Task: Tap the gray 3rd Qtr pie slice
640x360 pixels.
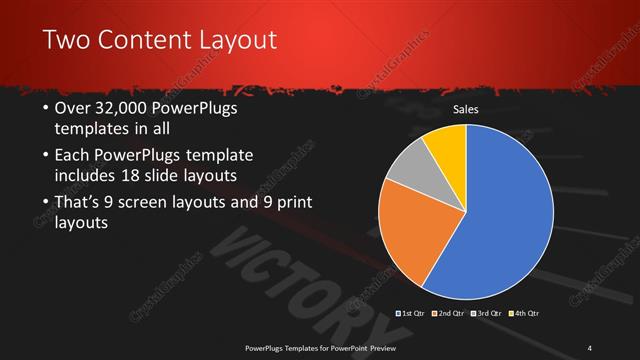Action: (409, 169)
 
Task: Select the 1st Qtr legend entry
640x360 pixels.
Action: (414, 314)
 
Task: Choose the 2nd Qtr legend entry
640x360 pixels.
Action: (451, 314)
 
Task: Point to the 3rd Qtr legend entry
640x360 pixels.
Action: (487, 314)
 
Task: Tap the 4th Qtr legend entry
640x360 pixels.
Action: (524, 314)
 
